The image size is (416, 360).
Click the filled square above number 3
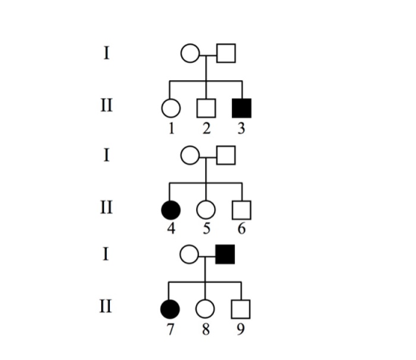point(241,108)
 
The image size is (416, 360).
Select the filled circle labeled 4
point(171,210)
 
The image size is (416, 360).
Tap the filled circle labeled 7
point(170,309)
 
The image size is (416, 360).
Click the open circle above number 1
point(171,108)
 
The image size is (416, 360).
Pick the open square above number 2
point(207,108)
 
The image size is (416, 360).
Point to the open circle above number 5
point(206,210)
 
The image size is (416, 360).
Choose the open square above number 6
point(241,210)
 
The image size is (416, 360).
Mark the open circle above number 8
point(205,309)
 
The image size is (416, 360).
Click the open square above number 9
point(241,309)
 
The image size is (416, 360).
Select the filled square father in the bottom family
point(225,254)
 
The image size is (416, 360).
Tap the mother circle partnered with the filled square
point(189,254)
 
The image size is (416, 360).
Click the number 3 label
point(241,128)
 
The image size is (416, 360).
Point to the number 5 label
point(207,229)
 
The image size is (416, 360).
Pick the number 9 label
point(241,330)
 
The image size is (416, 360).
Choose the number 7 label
point(170,330)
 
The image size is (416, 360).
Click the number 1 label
point(172,128)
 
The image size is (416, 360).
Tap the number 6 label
point(241,229)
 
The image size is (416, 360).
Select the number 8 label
point(206,330)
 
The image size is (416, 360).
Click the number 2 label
point(207,128)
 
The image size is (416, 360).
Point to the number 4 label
point(172,229)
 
